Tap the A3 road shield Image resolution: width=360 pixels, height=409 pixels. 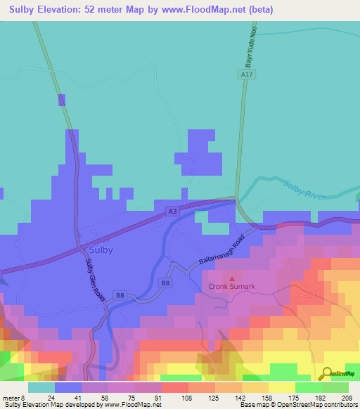[x=172, y=210]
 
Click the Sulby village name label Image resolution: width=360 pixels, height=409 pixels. [x=101, y=249]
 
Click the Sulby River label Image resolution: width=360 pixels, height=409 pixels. [x=306, y=190]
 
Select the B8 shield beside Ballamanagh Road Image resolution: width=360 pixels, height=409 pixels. [x=166, y=283]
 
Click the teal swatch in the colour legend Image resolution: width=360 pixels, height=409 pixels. [x=41, y=387]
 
